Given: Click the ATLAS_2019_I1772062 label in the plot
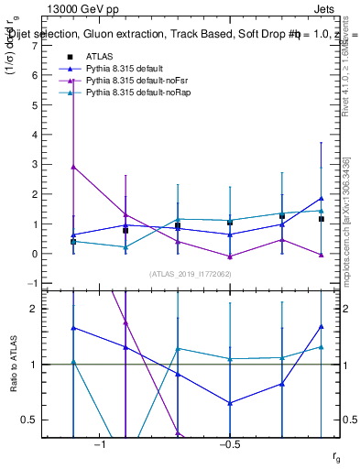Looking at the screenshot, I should coord(191,274).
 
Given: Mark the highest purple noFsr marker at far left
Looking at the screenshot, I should coord(73,167).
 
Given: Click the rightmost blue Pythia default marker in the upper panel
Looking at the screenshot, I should coord(321,199).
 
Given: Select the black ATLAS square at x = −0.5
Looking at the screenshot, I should coord(230,223).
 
